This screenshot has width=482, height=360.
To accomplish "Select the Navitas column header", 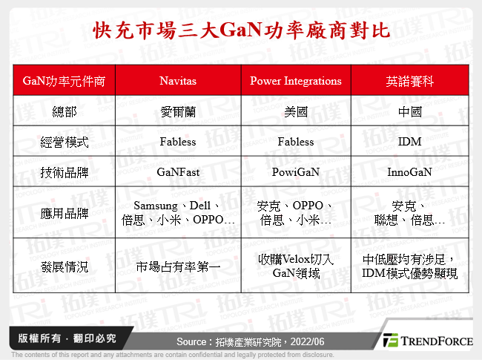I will pos(178,80).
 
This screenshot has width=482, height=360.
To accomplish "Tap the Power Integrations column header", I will pos(296,80).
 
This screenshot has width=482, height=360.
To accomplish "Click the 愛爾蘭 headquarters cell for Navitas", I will pos(178,111).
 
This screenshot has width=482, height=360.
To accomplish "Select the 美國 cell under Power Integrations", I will pos(296,111).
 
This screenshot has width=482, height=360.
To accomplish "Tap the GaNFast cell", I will pos(178,171).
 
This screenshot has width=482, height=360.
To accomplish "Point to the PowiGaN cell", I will pos(296,171).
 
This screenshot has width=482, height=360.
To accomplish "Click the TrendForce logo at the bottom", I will pos(427,341).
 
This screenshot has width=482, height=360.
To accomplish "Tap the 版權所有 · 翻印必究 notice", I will pos(63,338).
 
